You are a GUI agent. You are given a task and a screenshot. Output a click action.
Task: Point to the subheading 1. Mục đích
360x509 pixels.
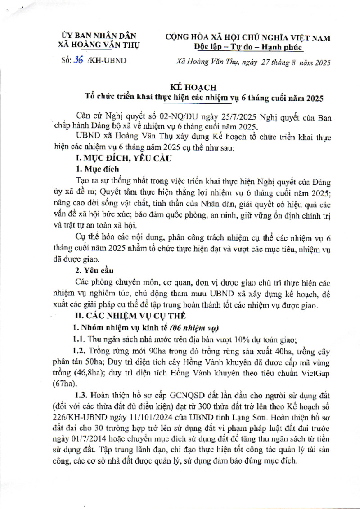coord(95,170)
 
